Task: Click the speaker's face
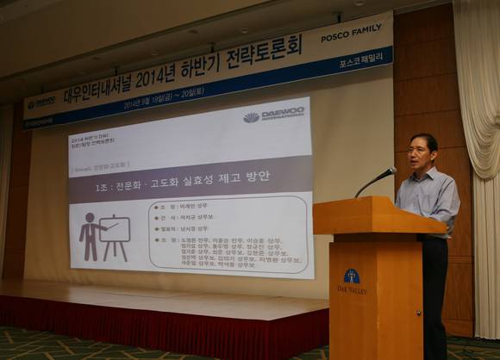pos(423,153)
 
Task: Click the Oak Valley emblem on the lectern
pos(352,277)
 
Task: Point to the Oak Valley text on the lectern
pos(352,291)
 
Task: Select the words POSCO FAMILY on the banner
pos(351,36)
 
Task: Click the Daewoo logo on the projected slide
pos(274,115)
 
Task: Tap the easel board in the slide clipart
pos(115,230)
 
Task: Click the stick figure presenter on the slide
pos(90,236)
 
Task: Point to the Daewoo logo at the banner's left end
pos(41,103)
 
